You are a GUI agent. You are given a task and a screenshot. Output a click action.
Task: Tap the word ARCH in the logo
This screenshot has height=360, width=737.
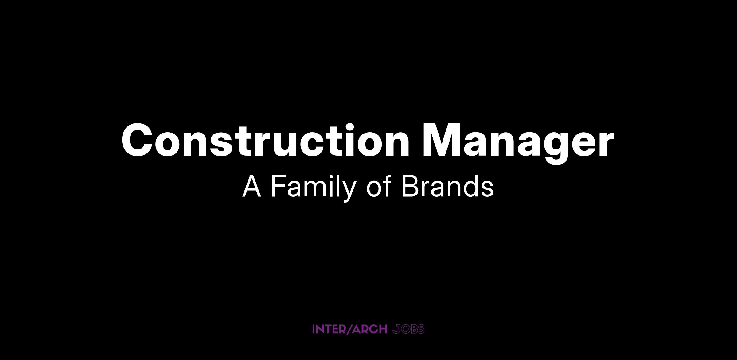[369, 329]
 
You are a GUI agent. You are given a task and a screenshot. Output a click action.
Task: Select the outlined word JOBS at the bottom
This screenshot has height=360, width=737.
[409, 329]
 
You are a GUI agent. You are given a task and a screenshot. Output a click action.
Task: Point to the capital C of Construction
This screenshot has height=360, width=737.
[138, 140]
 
